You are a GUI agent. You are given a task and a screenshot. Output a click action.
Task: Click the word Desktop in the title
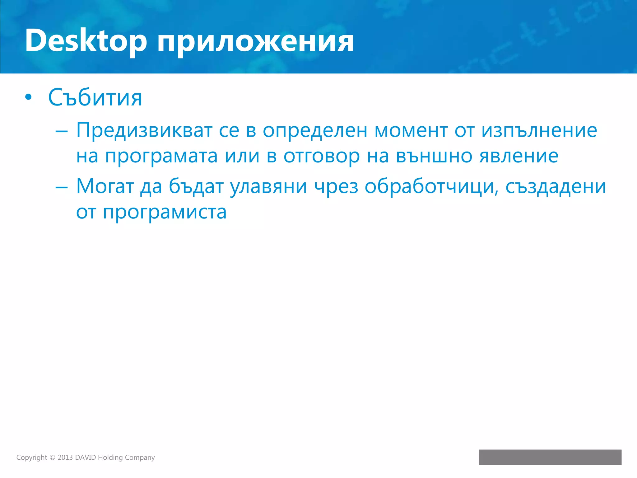pos(86,40)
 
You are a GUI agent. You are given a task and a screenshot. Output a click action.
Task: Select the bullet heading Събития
pos(95,97)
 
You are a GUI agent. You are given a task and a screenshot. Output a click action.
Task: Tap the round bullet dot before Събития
pos(28,97)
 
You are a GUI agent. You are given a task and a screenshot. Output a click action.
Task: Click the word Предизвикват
pos(144,131)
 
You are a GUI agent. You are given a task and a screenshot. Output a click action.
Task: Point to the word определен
pos(315,131)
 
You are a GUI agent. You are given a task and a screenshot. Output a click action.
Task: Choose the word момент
pos(411,131)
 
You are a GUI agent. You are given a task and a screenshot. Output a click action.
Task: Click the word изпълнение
pos(539,131)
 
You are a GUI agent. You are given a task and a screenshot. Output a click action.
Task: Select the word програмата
pos(161,156)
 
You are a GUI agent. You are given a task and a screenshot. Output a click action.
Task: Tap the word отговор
pos(322,156)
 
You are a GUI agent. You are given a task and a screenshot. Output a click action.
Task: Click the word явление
pos(519,156)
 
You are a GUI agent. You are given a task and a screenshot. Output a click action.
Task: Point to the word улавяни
pos(268,187)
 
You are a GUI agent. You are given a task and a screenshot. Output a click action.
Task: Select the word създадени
pos(556,187)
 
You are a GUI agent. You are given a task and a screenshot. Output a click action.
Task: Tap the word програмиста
pos(165,213)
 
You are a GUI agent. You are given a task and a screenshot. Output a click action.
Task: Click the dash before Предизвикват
pos(61,132)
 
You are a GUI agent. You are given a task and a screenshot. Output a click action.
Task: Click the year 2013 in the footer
pos(65,457)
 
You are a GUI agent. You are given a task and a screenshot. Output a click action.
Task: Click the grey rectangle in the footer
pos(550,457)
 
